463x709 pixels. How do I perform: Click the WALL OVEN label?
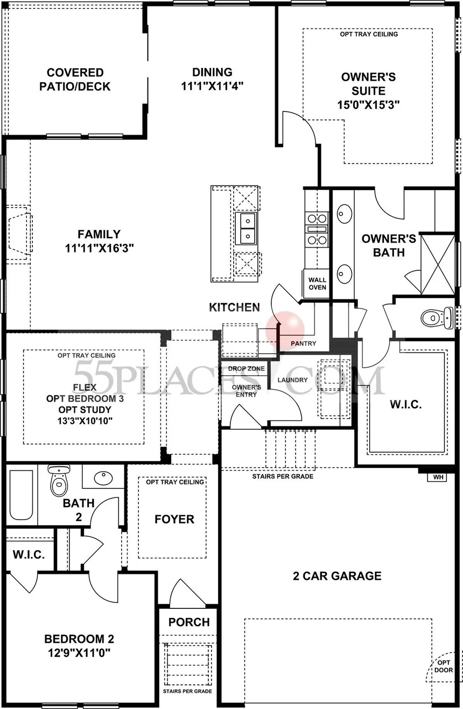(x=317, y=284)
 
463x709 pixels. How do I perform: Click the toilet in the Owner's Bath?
(x=436, y=318)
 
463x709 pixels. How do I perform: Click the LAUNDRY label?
(x=292, y=380)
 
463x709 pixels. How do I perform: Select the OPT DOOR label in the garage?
(x=444, y=666)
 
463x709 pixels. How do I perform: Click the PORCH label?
(x=189, y=622)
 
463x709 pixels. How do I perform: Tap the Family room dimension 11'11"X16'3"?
(x=99, y=248)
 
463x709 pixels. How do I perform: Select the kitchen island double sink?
(x=247, y=228)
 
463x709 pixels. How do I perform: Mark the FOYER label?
(x=174, y=519)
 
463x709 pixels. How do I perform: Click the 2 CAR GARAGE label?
(x=337, y=576)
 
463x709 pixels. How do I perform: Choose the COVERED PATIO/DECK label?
(x=75, y=79)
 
